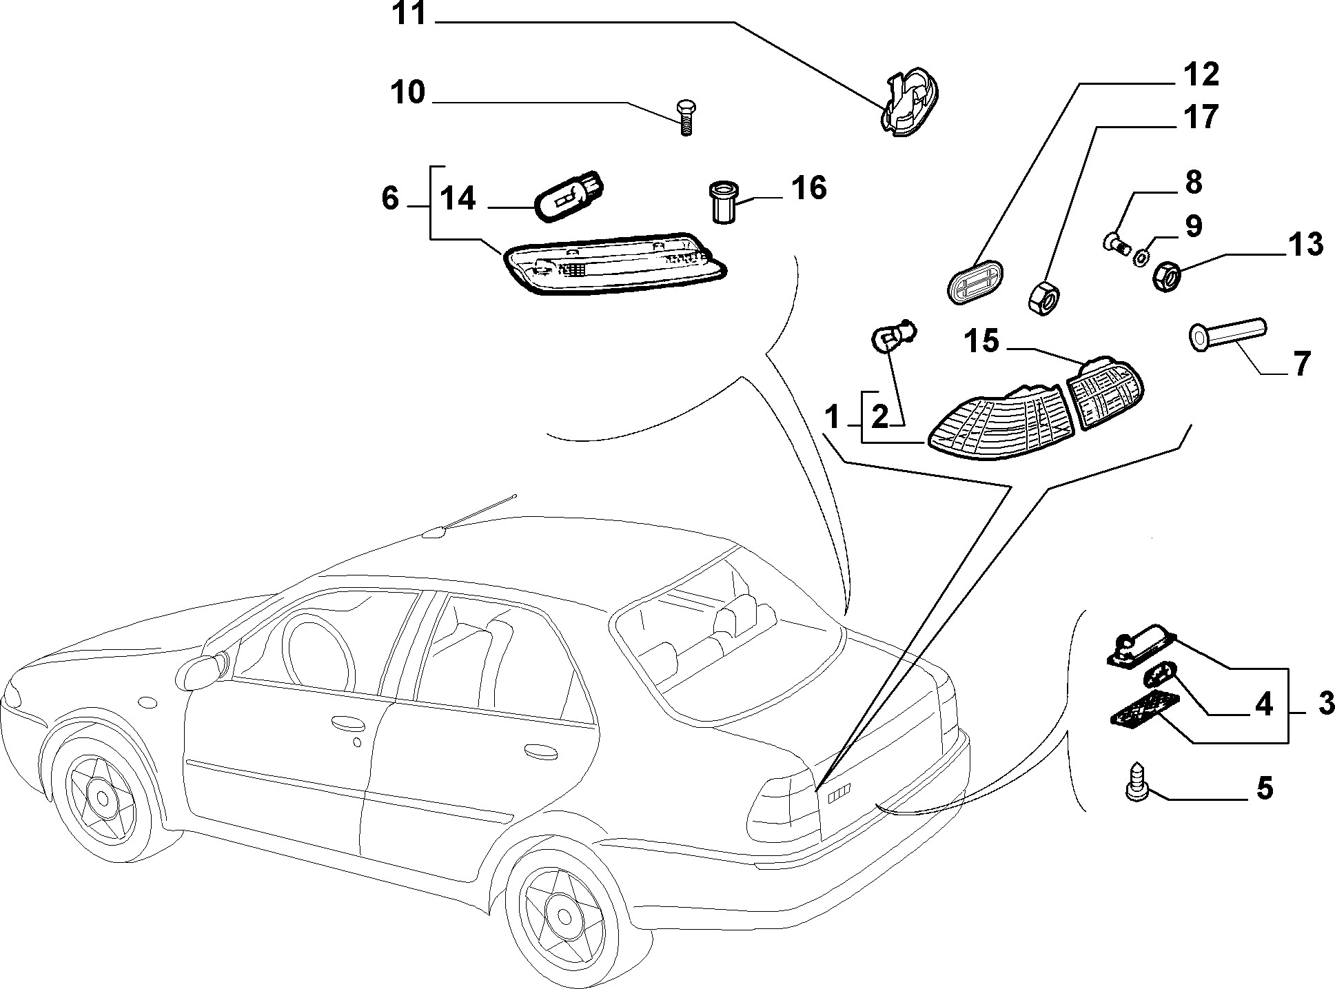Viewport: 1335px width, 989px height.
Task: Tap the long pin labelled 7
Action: (x=1227, y=336)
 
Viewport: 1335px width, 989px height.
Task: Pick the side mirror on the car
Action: (x=203, y=668)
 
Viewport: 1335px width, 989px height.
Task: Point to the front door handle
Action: (x=348, y=722)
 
